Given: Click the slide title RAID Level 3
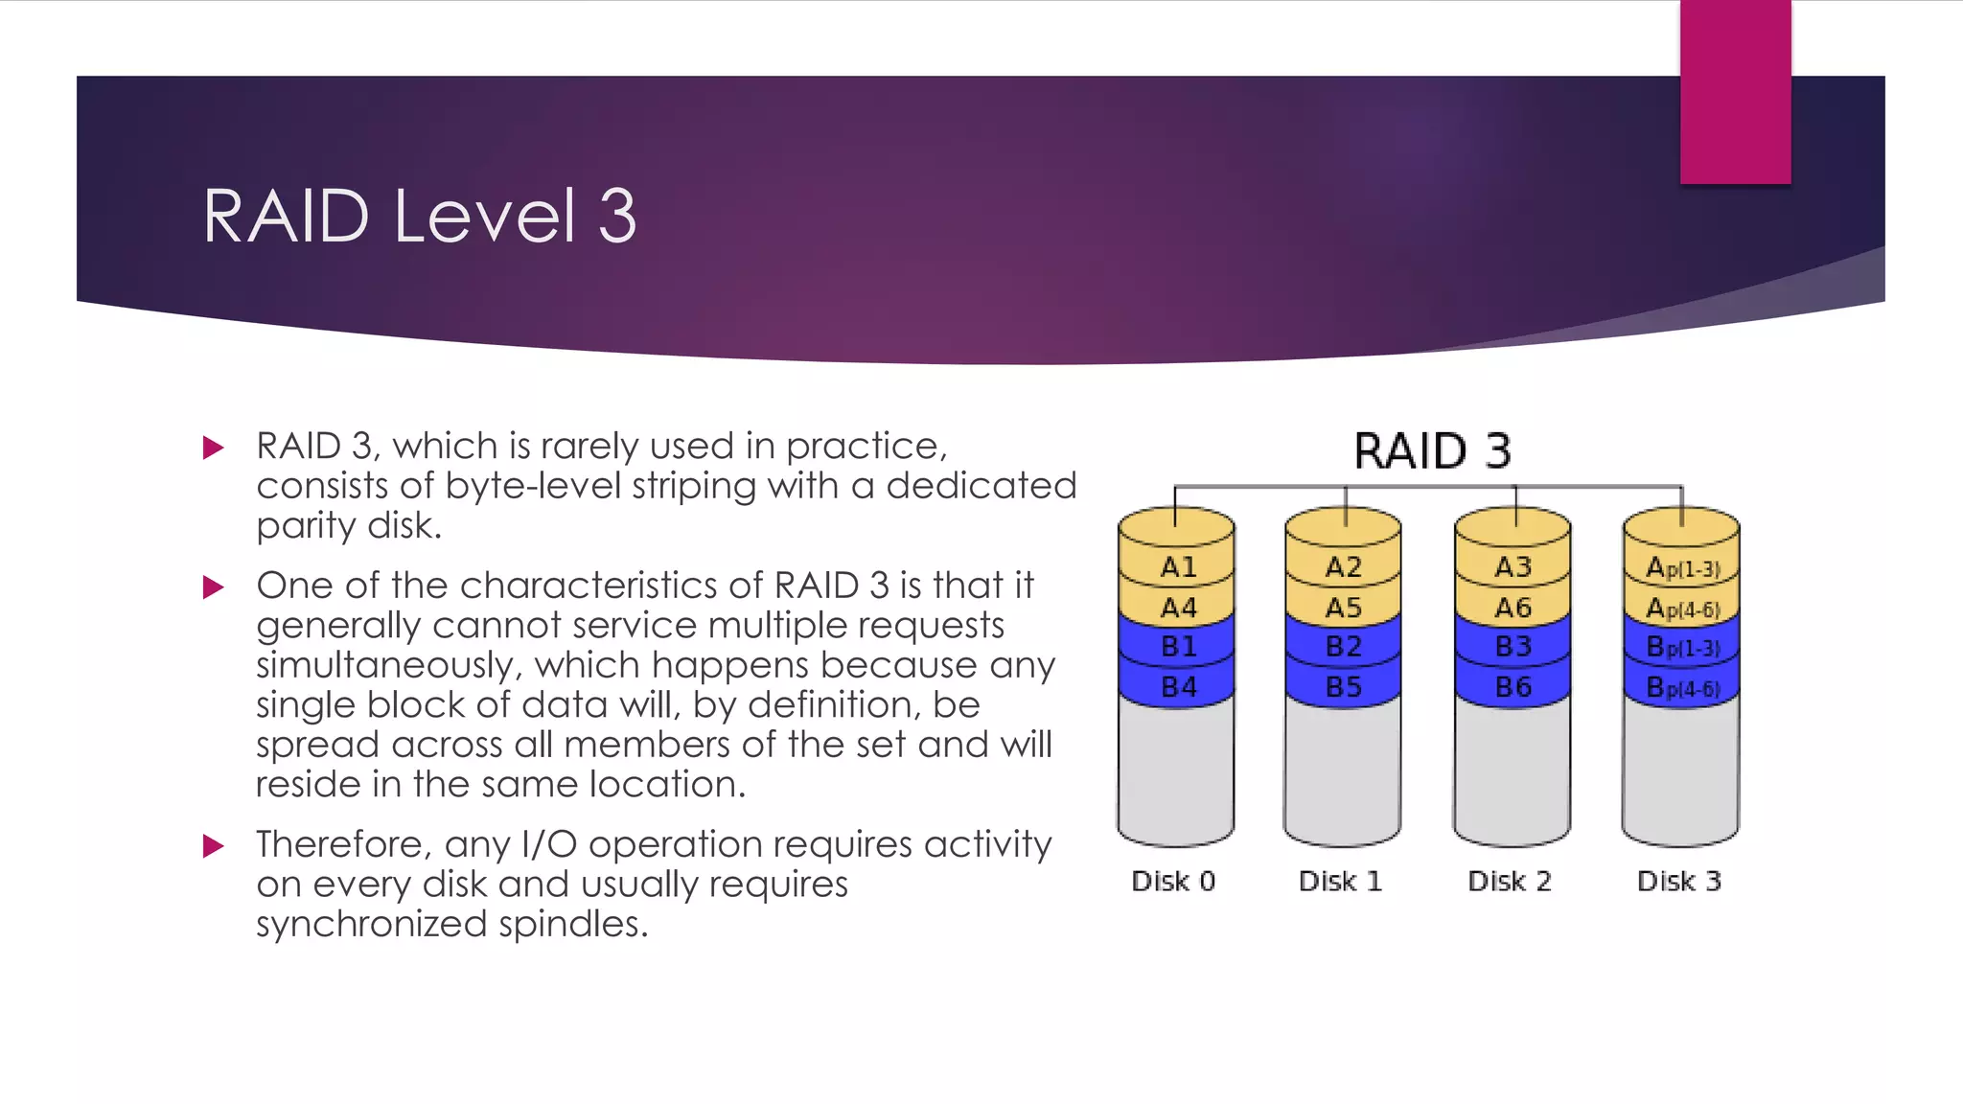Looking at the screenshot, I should pyautogui.click(x=419, y=217).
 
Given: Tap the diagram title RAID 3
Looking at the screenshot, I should pyautogui.click(x=1432, y=450).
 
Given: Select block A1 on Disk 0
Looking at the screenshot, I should pyautogui.click(x=1178, y=567).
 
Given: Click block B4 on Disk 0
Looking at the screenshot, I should pyautogui.click(x=1178, y=687).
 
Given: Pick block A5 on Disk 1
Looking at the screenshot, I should pyautogui.click(x=1343, y=608).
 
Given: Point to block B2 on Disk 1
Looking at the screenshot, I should pyautogui.click(x=1343, y=647).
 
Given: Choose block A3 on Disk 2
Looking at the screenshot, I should pyautogui.click(x=1513, y=567).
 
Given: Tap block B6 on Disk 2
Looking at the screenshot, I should pyautogui.click(x=1513, y=687).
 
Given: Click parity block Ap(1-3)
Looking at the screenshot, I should pyautogui.click(x=1682, y=568).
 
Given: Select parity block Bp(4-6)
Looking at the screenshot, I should pyautogui.click(x=1682, y=688).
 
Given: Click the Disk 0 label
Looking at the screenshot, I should pyautogui.click(x=1173, y=881).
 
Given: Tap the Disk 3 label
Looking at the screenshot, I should pyautogui.click(x=1678, y=881).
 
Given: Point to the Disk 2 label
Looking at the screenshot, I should pyautogui.click(x=1510, y=881).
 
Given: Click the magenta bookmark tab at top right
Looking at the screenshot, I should pyautogui.click(x=1735, y=92).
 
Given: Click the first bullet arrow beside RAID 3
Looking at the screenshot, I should pyautogui.click(x=214, y=448).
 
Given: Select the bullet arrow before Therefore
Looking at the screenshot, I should pyautogui.click(x=214, y=845).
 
